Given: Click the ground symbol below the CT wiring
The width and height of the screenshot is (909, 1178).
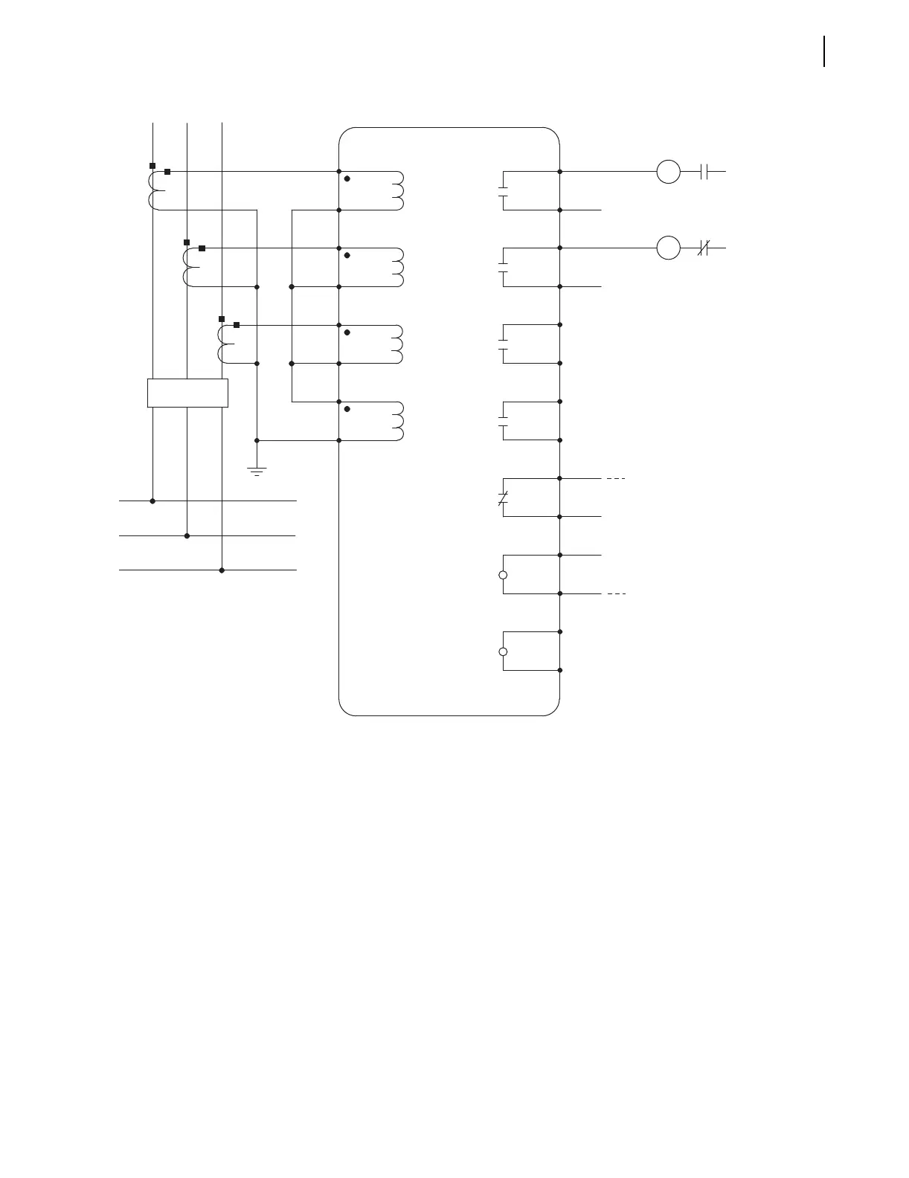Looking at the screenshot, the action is (257, 469).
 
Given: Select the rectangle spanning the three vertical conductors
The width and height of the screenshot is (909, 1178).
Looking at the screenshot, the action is (187, 393).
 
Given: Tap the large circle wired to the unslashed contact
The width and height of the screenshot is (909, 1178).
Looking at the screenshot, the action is (668, 171).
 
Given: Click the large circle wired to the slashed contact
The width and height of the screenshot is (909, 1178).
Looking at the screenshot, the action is (668, 248).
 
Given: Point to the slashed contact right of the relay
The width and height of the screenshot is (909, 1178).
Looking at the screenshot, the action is (704, 248).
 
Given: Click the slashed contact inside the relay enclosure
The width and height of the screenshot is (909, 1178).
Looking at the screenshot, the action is (503, 498).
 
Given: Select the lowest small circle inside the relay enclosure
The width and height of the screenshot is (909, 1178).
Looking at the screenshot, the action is (503, 651).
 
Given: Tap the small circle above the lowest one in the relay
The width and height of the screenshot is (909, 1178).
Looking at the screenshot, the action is (503, 575).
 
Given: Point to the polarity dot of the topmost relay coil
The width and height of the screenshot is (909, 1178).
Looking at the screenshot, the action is (347, 179).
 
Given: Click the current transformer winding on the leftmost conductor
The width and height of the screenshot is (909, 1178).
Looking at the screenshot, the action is (154, 190).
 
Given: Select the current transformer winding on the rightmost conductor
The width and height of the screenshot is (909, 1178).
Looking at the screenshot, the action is (222, 344).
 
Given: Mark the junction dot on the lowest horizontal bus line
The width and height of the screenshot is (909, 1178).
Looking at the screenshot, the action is (222, 570).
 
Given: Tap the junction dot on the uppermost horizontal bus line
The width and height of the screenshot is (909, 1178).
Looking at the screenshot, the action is (152, 501).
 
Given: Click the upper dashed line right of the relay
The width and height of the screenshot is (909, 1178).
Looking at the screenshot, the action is (615, 479).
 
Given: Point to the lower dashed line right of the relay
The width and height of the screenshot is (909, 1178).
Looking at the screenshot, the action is (615, 594).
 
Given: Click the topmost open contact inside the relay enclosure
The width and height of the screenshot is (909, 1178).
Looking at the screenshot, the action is (503, 190).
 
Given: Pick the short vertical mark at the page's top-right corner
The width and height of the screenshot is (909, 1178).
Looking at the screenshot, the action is (824, 51).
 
